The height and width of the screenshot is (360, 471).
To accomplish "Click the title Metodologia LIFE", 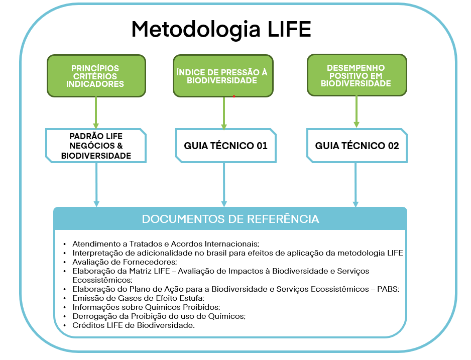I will click(x=221, y=30).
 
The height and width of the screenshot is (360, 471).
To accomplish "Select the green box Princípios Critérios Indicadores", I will click(x=96, y=76).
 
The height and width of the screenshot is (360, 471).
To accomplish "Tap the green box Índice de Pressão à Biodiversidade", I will click(x=223, y=76).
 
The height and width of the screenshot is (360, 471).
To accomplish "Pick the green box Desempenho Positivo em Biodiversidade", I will click(x=357, y=76).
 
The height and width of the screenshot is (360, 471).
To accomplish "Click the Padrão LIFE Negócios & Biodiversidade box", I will click(x=96, y=146).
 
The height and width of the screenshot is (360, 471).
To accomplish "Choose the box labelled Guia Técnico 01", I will click(x=226, y=146).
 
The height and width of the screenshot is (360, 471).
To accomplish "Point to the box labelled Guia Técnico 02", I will click(x=357, y=146).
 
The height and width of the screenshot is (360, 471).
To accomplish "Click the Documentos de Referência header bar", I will click(x=230, y=219).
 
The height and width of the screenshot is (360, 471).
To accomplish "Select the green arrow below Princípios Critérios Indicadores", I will click(x=96, y=112).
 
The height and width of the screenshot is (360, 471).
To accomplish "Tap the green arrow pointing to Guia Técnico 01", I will click(x=224, y=112).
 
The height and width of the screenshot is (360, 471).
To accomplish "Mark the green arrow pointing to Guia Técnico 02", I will click(x=357, y=112).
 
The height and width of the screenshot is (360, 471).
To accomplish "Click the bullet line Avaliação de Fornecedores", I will click(x=125, y=262).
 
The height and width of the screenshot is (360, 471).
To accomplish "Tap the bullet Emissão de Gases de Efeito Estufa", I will click(x=139, y=298).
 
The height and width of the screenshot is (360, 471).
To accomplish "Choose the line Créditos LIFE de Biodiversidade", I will click(x=133, y=325).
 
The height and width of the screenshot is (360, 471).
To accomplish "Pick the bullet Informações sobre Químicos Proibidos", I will click(x=146, y=307).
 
